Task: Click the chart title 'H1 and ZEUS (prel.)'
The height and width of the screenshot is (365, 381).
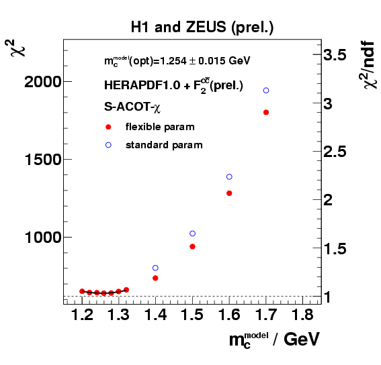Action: [x=202, y=28]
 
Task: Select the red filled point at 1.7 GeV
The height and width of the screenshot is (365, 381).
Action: [x=266, y=112]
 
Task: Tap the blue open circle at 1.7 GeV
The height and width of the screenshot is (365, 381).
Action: [x=266, y=90]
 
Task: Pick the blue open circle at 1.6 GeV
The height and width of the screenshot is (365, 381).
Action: [x=229, y=176]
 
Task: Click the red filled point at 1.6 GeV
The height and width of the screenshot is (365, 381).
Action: [x=229, y=193]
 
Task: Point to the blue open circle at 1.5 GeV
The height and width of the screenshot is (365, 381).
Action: [x=192, y=233]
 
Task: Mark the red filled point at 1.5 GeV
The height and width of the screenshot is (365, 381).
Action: [x=192, y=246]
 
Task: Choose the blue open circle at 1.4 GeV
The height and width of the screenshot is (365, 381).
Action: [x=155, y=268]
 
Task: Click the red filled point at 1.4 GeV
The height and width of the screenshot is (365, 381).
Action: [x=155, y=278]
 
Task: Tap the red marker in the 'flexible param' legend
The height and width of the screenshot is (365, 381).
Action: [x=108, y=127]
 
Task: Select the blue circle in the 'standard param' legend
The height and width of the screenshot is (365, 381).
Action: [x=108, y=144]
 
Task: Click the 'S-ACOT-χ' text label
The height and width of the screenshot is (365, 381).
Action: [x=127, y=107]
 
